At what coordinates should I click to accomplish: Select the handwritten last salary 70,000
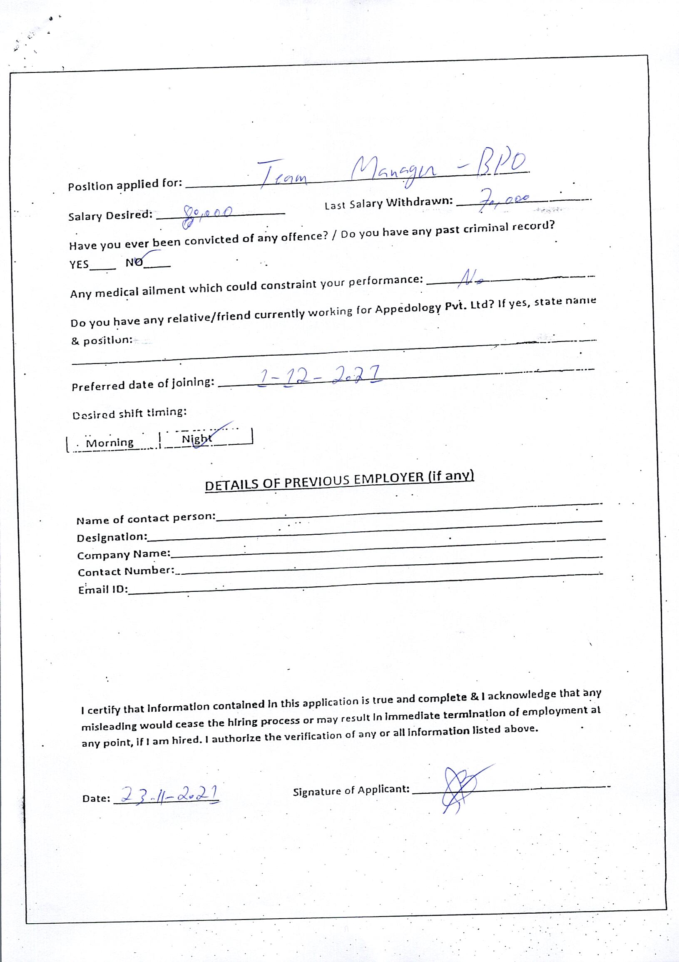coord(504,200)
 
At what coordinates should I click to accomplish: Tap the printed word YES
coord(79,264)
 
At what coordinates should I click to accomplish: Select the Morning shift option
coord(110,443)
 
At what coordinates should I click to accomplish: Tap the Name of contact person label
coord(145,519)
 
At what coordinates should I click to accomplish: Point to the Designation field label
coord(112,537)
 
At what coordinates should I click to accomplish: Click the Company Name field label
coord(124,554)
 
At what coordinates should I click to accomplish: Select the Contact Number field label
coord(126,571)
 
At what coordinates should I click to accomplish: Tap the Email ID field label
coord(103,589)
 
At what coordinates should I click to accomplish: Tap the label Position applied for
coord(125,185)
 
